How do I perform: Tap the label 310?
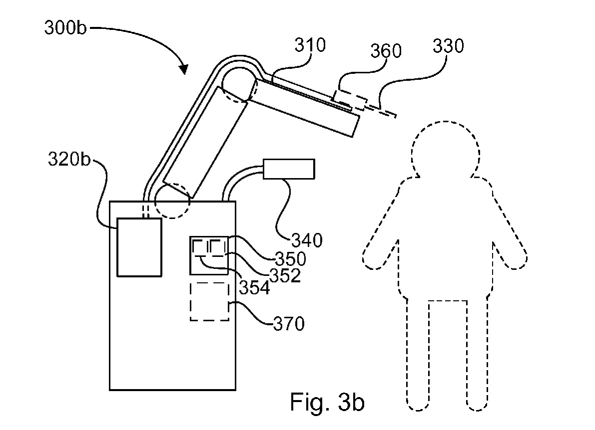[310, 46]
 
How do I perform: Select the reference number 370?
[289, 325]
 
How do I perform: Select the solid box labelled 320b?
[139, 247]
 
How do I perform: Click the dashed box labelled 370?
[209, 302]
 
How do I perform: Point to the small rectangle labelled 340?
[289, 169]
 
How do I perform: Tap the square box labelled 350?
[209, 256]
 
